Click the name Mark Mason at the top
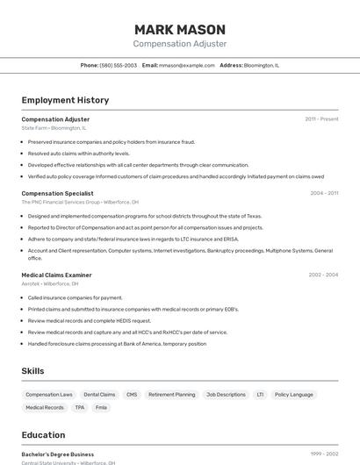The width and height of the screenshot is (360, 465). [180, 29]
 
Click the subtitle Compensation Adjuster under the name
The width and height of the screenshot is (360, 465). [180, 44]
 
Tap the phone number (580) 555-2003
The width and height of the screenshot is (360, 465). [119, 65]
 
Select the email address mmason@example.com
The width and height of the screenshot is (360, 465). [186, 65]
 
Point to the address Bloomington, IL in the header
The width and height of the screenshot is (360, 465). [262, 65]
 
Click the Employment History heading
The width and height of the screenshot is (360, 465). [65, 100]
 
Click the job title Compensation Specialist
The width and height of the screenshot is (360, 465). [57, 193]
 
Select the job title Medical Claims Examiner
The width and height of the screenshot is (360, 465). [56, 275]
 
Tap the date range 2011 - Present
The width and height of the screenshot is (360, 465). [321, 119]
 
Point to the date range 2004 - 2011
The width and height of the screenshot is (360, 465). [324, 193]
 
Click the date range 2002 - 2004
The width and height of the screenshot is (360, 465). [323, 275]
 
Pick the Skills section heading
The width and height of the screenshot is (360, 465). [32, 371]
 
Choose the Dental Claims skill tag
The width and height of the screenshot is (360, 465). [99, 395]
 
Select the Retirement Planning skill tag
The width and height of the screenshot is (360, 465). [172, 395]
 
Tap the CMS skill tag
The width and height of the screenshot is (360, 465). [132, 395]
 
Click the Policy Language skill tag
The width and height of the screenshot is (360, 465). [293, 395]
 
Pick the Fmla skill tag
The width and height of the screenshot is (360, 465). [101, 407]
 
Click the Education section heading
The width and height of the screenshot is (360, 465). [43, 434]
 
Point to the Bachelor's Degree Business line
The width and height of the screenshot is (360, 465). [57, 454]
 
